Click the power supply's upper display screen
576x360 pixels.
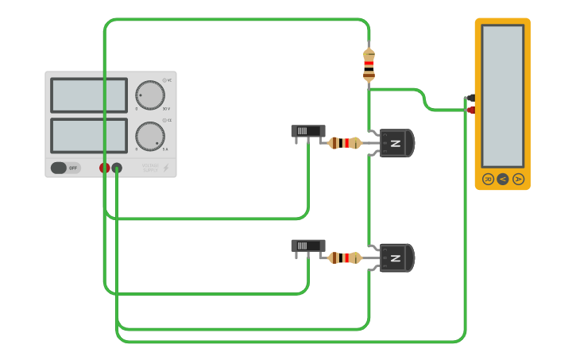(89, 95)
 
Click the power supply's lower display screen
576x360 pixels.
(89, 135)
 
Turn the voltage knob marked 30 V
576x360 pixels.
(150, 95)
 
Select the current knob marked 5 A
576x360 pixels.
(150, 136)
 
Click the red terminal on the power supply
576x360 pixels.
(104, 168)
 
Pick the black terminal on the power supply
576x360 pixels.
(117, 168)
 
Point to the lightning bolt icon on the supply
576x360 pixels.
(165, 168)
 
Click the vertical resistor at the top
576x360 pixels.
(369, 65)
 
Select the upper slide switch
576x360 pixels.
(307, 131)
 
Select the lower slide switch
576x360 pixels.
(307, 246)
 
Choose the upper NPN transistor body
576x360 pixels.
(396, 143)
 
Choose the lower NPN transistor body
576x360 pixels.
(396, 257)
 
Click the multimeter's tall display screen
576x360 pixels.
(502, 95)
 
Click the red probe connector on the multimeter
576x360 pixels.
(471, 110)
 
